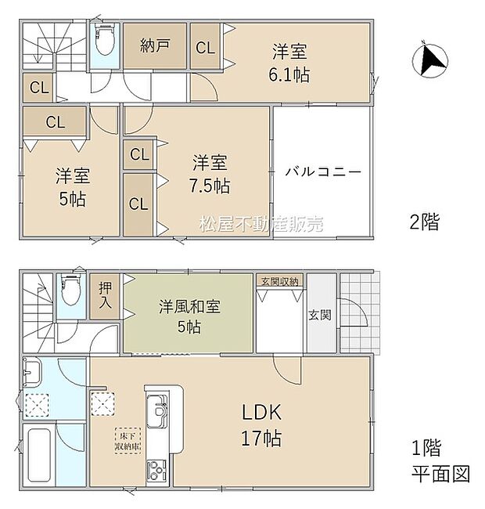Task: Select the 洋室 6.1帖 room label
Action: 289,63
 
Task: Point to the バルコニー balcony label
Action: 323,171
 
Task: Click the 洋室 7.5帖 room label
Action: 211,175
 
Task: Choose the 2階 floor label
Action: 426,222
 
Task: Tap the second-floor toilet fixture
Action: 104,39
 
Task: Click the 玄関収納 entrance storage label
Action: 279,280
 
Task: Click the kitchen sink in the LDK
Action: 157,409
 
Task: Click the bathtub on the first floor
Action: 39,457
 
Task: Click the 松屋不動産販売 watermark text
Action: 261,224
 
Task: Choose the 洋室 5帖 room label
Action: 70,186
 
